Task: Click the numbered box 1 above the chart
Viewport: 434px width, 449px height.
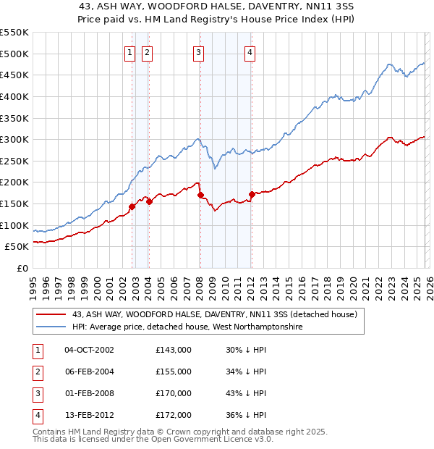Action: pyautogui.click(x=129, y=51)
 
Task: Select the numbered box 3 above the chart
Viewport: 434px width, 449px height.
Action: pyautogui.click(x=198, y=51)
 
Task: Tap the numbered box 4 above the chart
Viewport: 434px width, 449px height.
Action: pyautogui.click(x=249, y=51)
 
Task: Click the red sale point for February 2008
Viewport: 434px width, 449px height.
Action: pyautogui.click(x=200, y=195)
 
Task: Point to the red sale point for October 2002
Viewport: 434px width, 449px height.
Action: pyautogui.click(x=132, y=206)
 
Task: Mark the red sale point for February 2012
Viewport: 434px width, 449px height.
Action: pyautogui.click(x=252, y=194)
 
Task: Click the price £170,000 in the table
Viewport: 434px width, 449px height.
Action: pyautogui.click(x=174, y=393)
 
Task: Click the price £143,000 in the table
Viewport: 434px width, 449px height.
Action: pyautogui.click(x=174, y=350)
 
